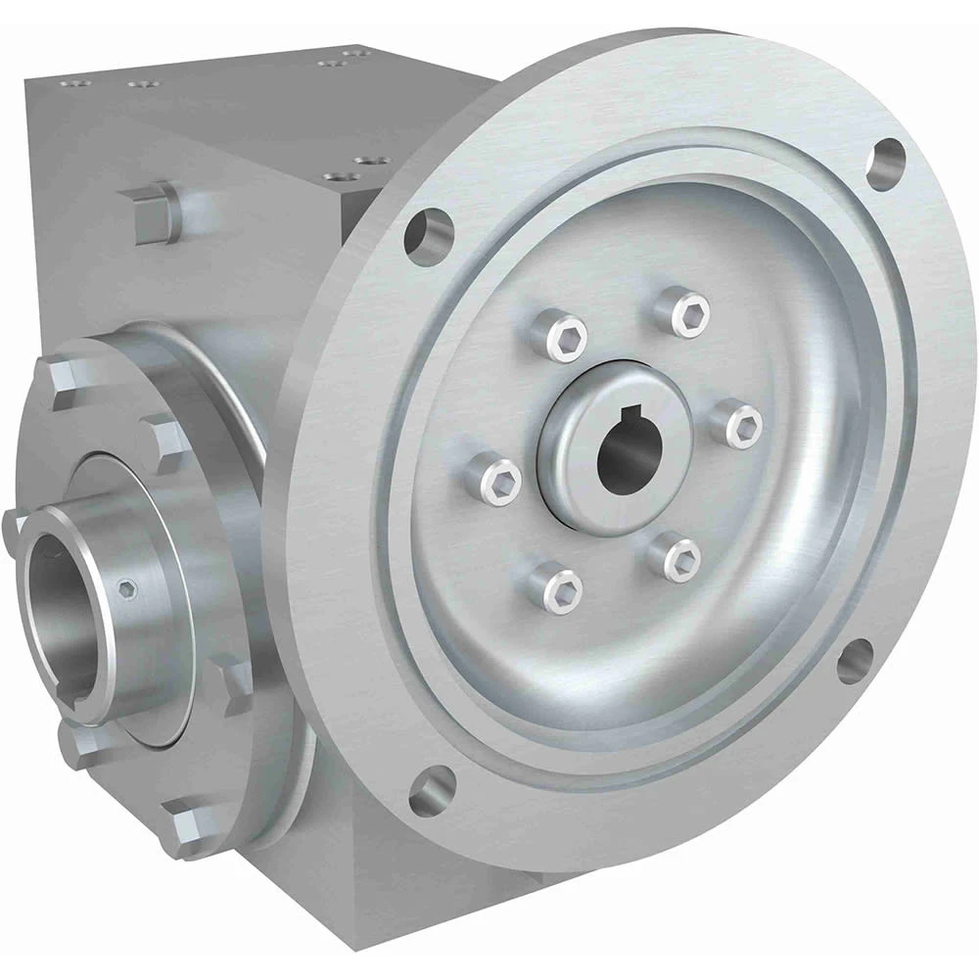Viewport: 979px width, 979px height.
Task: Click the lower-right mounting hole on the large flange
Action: point(855,662)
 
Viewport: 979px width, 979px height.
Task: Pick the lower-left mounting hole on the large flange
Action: point(431,789)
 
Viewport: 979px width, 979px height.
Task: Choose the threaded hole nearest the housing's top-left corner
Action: point(69,84)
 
